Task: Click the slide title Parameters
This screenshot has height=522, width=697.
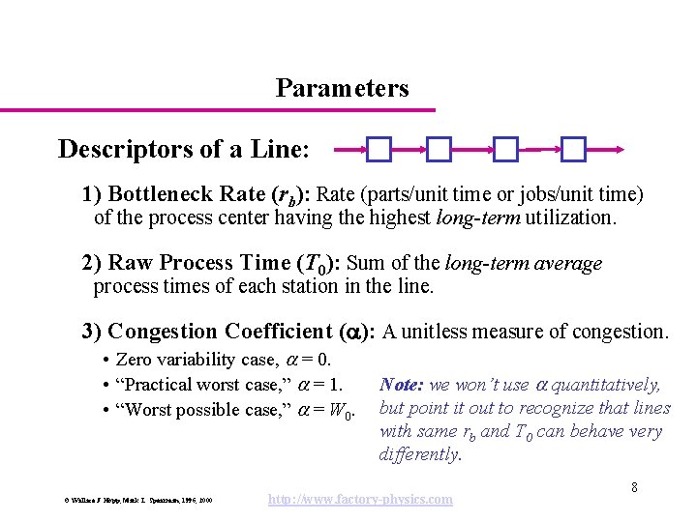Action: [342, 89]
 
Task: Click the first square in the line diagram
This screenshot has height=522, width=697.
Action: [379, 149]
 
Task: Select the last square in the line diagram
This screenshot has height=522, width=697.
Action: [574, 149]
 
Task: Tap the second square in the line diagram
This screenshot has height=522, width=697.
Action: [439, 149]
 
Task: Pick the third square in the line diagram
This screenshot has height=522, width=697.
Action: [505, 149]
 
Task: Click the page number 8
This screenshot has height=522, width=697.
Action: [634, 487]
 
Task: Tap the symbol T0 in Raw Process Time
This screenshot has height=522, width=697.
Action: [311, 264]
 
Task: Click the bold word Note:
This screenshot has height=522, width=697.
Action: [403, 385]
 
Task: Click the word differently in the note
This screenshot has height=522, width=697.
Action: [420, 454]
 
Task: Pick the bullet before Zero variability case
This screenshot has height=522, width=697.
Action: [104, 361]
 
